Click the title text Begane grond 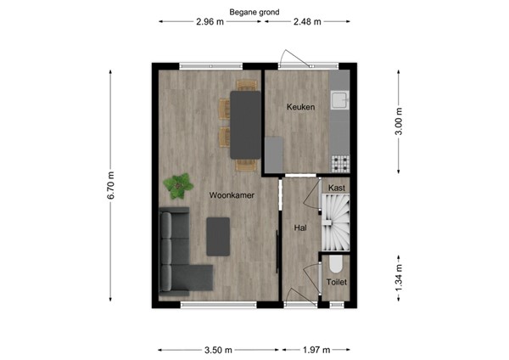[259, 13]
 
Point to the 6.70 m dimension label [110, 187]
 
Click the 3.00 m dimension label [399, 121]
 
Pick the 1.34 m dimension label [399, 278]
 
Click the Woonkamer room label [232, 195]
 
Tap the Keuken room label [300, 107]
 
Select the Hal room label [299, 228]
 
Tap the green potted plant [179, 183]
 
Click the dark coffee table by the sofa [219, 235]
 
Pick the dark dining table [245, 124]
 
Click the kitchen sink [341, 101]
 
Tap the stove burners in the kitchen [341, 161]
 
